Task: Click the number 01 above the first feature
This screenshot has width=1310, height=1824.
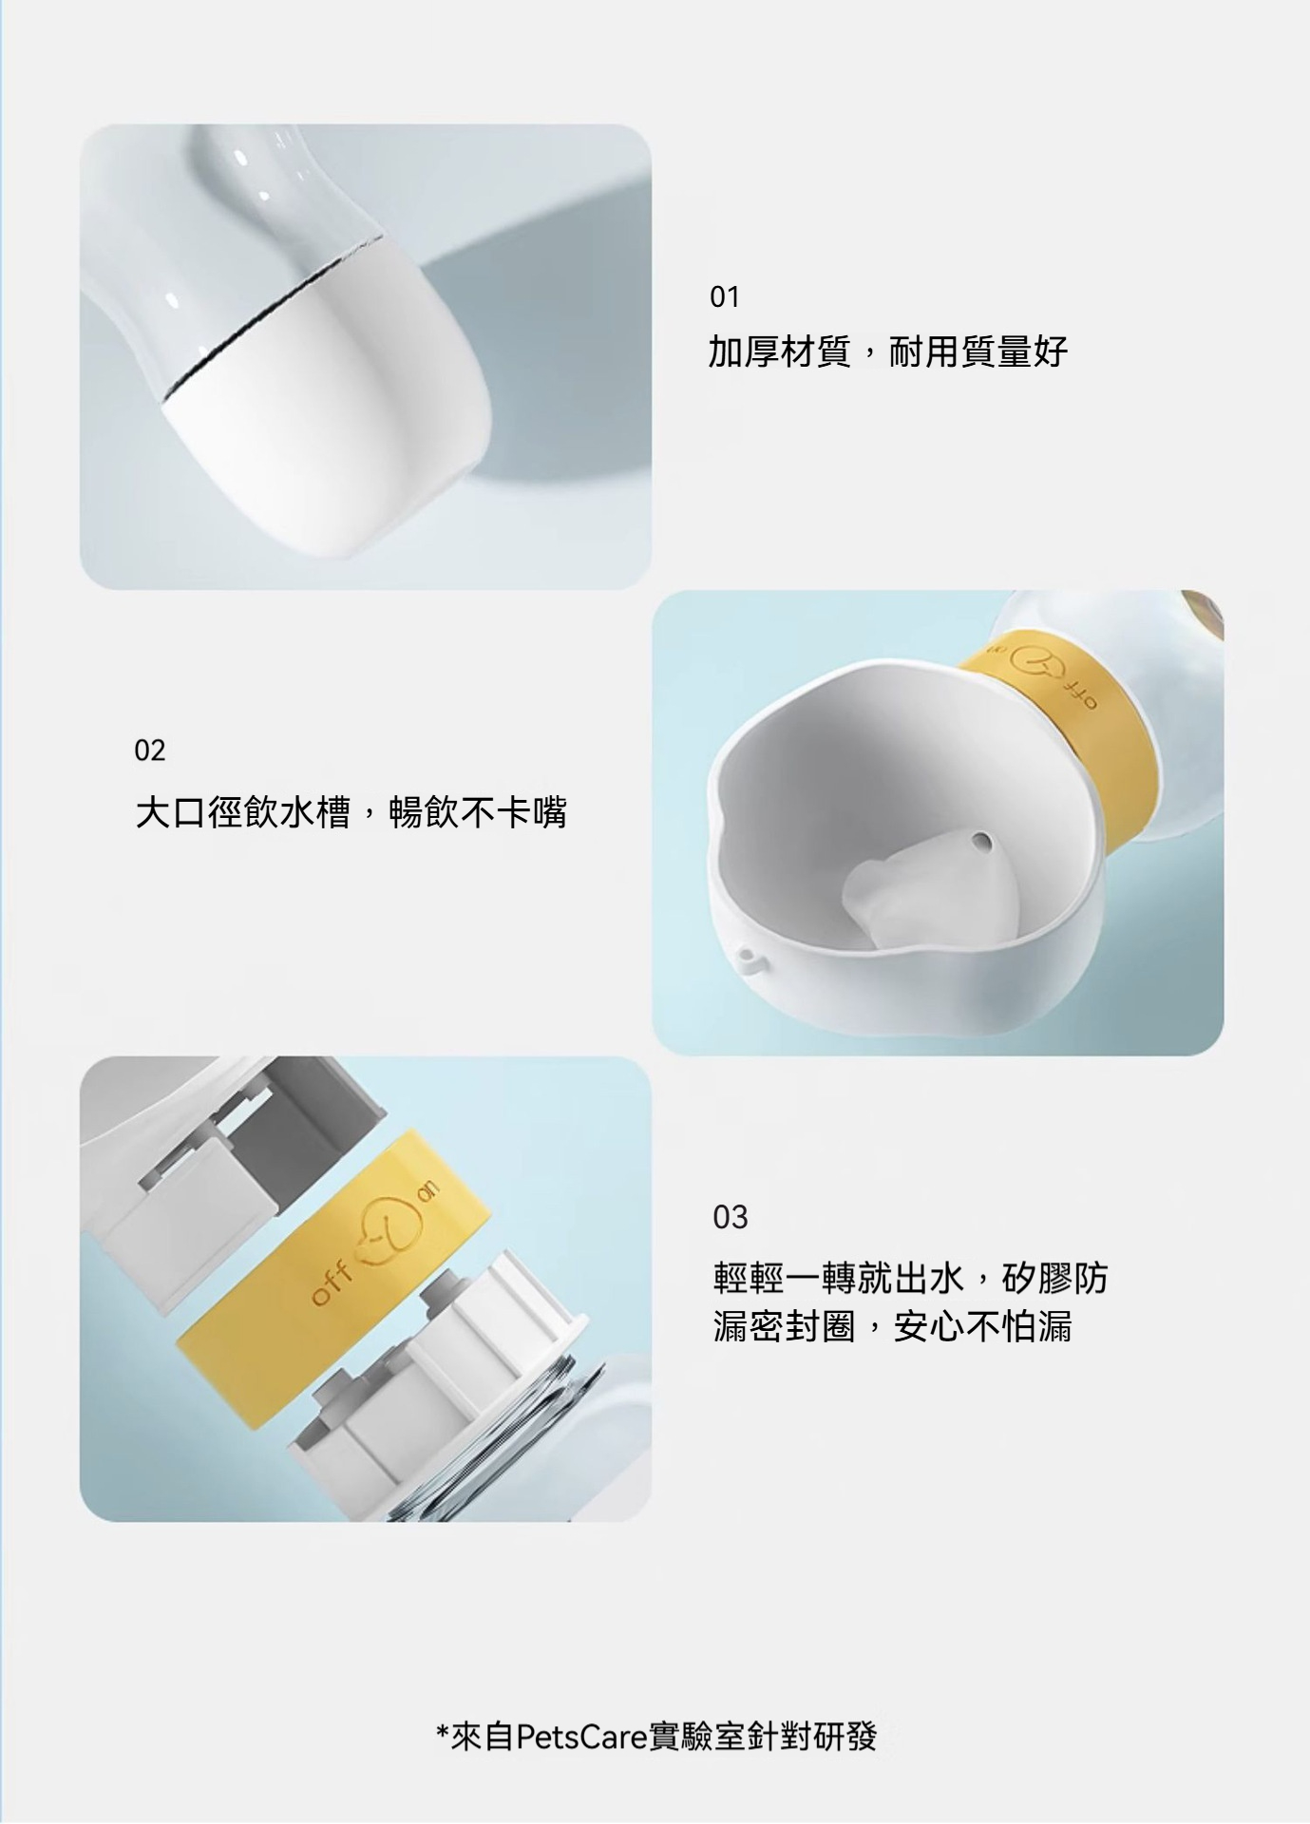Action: (724, 297)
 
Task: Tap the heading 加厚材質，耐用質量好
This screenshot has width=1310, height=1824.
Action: (888, 352)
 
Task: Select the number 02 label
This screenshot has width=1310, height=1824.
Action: (149, 751)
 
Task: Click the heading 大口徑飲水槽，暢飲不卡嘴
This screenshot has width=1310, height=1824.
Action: (351, 812)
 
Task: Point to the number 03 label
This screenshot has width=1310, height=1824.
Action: (731, 1217)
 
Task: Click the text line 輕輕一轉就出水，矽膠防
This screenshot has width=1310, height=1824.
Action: (910, 1278)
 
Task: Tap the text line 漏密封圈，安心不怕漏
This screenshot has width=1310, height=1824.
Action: (892, 1326)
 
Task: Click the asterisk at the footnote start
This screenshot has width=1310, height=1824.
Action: (443, 1732)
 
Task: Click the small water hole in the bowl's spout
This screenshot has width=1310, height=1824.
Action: (983, 842)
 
